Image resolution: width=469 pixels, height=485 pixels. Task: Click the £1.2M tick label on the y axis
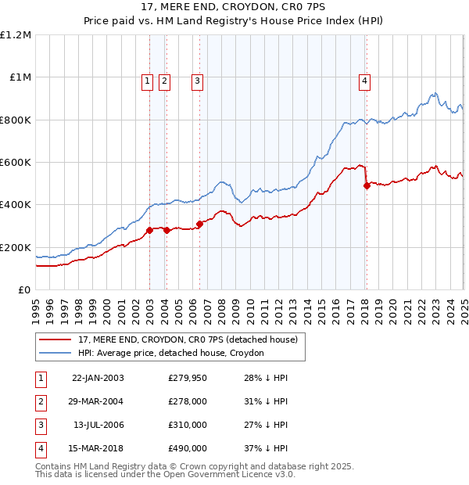click(x=15, y=35)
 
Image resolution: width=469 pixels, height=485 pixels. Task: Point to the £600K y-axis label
click(x=15, y=163)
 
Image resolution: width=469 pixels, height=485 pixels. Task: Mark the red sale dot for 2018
click(x=367, y=185)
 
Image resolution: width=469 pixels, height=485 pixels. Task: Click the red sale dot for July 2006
click(x=200, y=224)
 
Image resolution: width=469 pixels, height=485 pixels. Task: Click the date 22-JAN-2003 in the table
click(x=98, y=378)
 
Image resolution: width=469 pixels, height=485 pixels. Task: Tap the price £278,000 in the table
click(x=188, y=401)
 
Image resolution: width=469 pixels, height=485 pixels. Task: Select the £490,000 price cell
click(x=188, y=448)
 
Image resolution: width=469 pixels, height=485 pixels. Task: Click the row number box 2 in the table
click(x=40, y=401)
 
